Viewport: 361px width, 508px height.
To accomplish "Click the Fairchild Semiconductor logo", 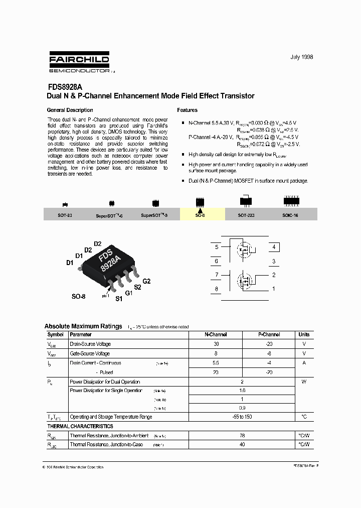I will (79, 64).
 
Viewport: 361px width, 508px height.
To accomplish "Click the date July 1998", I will (301, 57).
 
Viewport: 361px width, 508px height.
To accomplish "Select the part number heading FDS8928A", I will (65, 86).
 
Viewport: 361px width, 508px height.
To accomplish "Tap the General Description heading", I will (70, 110).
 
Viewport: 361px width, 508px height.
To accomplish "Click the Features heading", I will (188, 110).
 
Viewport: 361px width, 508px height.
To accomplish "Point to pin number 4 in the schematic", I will (274, 247).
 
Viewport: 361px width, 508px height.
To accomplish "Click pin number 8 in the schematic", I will (217, 289).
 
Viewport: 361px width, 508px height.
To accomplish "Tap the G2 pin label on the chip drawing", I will (146, 281).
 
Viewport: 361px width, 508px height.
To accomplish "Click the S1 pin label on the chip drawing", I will (119, 299).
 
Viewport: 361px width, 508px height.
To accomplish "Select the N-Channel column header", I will (216, 334).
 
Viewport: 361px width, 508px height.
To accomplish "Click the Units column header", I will (304, 334).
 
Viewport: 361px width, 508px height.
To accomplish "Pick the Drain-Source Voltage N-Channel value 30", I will (216, 344).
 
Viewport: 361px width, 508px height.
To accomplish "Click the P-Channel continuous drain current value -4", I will (269, 362).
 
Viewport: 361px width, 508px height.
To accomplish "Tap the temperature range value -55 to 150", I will (243, 417).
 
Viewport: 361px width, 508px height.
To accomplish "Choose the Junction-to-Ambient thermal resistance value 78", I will (243, 436).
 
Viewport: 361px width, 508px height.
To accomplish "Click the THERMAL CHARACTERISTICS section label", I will (80, 426).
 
